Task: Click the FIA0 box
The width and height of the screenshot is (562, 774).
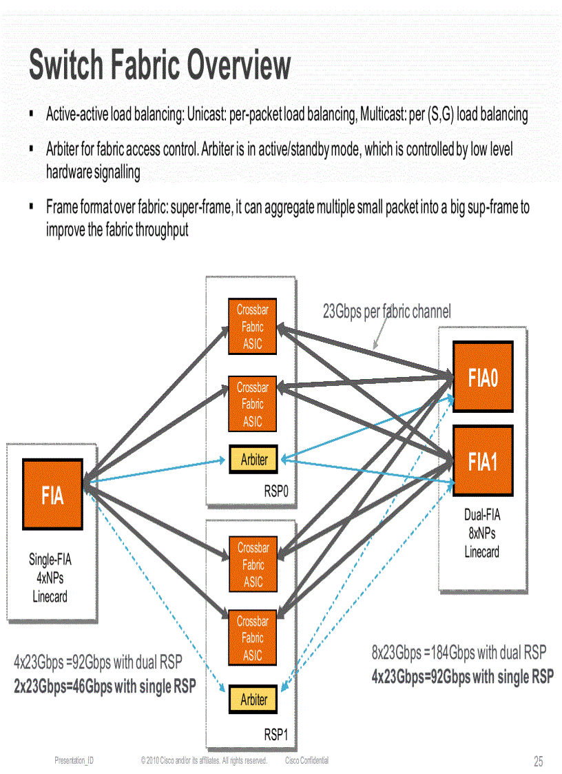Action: click(x=483, y=378)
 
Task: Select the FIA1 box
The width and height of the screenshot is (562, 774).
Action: click(x=483, y=461)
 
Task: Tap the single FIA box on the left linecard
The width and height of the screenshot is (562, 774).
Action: click(x=53, y=494)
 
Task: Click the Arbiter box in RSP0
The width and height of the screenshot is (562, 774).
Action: click(x=253, y=459)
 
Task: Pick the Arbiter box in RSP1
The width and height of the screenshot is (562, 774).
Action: click(x=253, y=700)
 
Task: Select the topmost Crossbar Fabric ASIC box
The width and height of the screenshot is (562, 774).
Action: click(x=252, y=327)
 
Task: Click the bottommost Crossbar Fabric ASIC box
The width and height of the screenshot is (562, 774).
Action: click(x=252, y=638)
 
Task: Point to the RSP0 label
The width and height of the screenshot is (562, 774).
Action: click(x=279, y=492)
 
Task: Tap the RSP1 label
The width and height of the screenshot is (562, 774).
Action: click(x=279, y=735)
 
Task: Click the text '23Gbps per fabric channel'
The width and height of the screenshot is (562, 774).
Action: click(x=386, y=312)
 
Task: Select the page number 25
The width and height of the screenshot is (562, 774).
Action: click(x=538, y=762)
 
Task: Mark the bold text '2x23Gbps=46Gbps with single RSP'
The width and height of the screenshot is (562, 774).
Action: click(x=105, y=686)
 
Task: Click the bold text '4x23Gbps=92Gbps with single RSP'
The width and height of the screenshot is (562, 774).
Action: click(x=462, y=676)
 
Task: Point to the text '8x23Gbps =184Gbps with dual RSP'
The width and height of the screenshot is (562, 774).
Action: click(x=459, y=652)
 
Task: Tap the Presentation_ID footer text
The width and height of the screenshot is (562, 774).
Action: click(x=74, y=760)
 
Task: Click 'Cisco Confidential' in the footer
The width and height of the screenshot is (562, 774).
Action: click(x=306, y=760)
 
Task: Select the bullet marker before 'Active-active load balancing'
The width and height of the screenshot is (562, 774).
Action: click(x=32, y=112)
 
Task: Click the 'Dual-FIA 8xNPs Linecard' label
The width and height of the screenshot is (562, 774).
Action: click(x=481, y=533)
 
